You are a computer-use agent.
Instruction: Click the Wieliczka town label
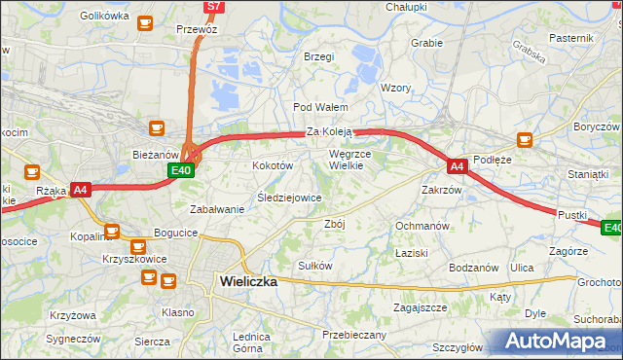(x=243, y=281)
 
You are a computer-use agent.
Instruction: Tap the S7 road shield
(x=214, y=7)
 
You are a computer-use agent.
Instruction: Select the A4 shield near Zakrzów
(x=458, y=166)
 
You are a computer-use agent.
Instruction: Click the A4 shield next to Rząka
(x=81, y=190)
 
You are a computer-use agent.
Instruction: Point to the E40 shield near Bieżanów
(x=180, y=170)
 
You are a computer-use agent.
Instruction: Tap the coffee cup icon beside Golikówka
(x=145, y=22)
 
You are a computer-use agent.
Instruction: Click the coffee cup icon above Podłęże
(x=526, y=139)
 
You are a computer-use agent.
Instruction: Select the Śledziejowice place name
(x=289, y=198)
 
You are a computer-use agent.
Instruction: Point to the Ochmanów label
(x=421, y=226)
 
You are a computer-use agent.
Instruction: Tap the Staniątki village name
(x=587, y=173)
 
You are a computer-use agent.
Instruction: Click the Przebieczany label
(x=354, y=335)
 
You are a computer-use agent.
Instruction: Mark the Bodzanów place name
(x=474, y=268)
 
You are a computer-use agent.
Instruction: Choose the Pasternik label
(x=571, y=37)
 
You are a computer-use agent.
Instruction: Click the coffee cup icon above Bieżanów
(x=156, y=126)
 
